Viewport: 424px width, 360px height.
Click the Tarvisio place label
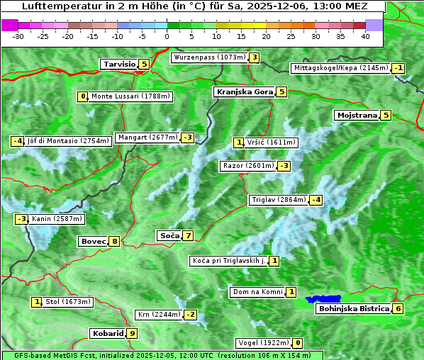pos(118,64)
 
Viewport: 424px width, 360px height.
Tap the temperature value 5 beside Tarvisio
pos(144,64)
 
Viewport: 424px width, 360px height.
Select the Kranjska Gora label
pos(244,91)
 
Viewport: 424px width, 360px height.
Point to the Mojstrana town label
pos(357,115)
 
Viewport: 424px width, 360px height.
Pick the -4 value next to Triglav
pos(316,200)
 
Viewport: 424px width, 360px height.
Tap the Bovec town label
pos(93,241)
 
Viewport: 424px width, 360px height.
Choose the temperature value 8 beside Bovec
pos(115,241)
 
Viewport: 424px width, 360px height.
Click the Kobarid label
pos(107,333)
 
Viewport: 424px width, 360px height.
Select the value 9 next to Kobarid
pos(132,333)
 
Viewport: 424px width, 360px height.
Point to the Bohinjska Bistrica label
pos(353,308)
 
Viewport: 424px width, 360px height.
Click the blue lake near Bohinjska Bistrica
pos(323,300)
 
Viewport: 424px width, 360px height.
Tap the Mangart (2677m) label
pos(147,137)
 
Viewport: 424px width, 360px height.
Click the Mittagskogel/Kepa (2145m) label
pos(340,68)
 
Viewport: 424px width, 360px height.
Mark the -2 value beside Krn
pos(189,315)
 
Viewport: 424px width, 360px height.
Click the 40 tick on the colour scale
pos(365,36)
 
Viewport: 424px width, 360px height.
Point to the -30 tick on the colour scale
pos(18,36)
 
